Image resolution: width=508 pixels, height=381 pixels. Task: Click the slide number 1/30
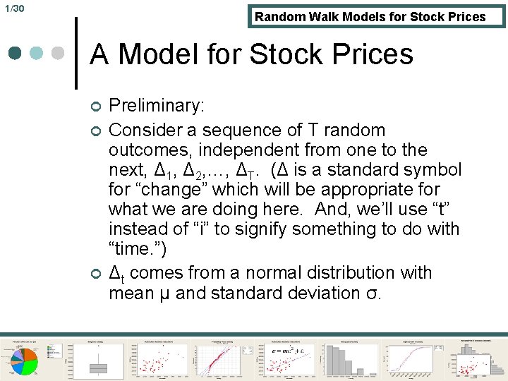(14, 8)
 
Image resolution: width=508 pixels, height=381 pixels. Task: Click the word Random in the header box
(280, 17)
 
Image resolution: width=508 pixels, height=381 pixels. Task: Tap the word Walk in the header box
(327, 17)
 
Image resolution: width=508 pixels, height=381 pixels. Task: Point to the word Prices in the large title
(370, 54)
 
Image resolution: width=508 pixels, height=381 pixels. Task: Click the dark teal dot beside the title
(16, 54)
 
